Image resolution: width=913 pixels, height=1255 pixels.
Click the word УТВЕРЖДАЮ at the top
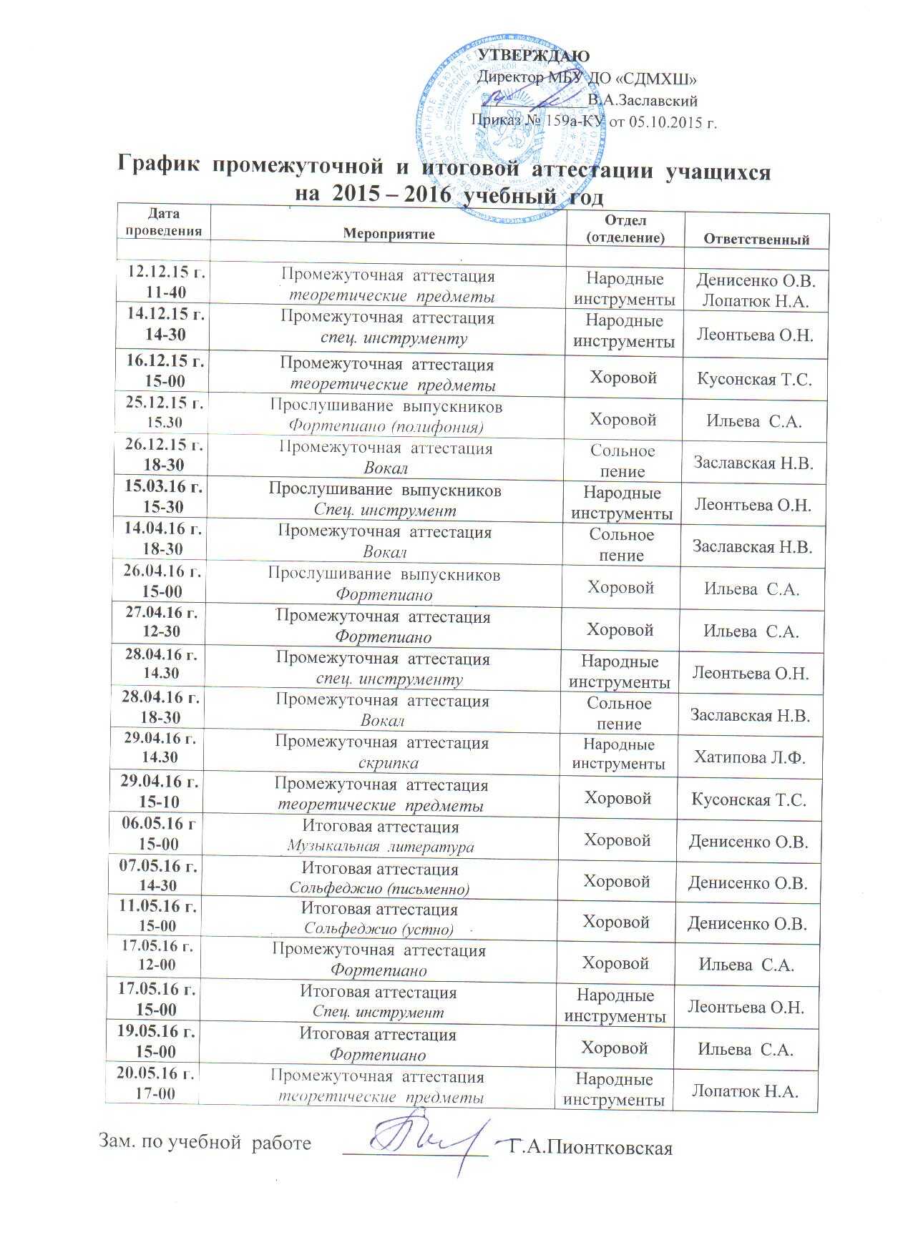tap(533, 56)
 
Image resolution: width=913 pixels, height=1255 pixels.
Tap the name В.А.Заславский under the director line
tap(642, 101)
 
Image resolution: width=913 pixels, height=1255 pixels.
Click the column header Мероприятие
tap(389, 234)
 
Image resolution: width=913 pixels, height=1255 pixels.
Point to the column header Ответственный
tap(756, 240)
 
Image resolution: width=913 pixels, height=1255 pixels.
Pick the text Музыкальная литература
tap(380, 847)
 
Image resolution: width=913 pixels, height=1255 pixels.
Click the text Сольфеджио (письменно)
tap(379, 889)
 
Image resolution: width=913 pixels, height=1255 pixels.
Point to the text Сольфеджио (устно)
tap(379, 930)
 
